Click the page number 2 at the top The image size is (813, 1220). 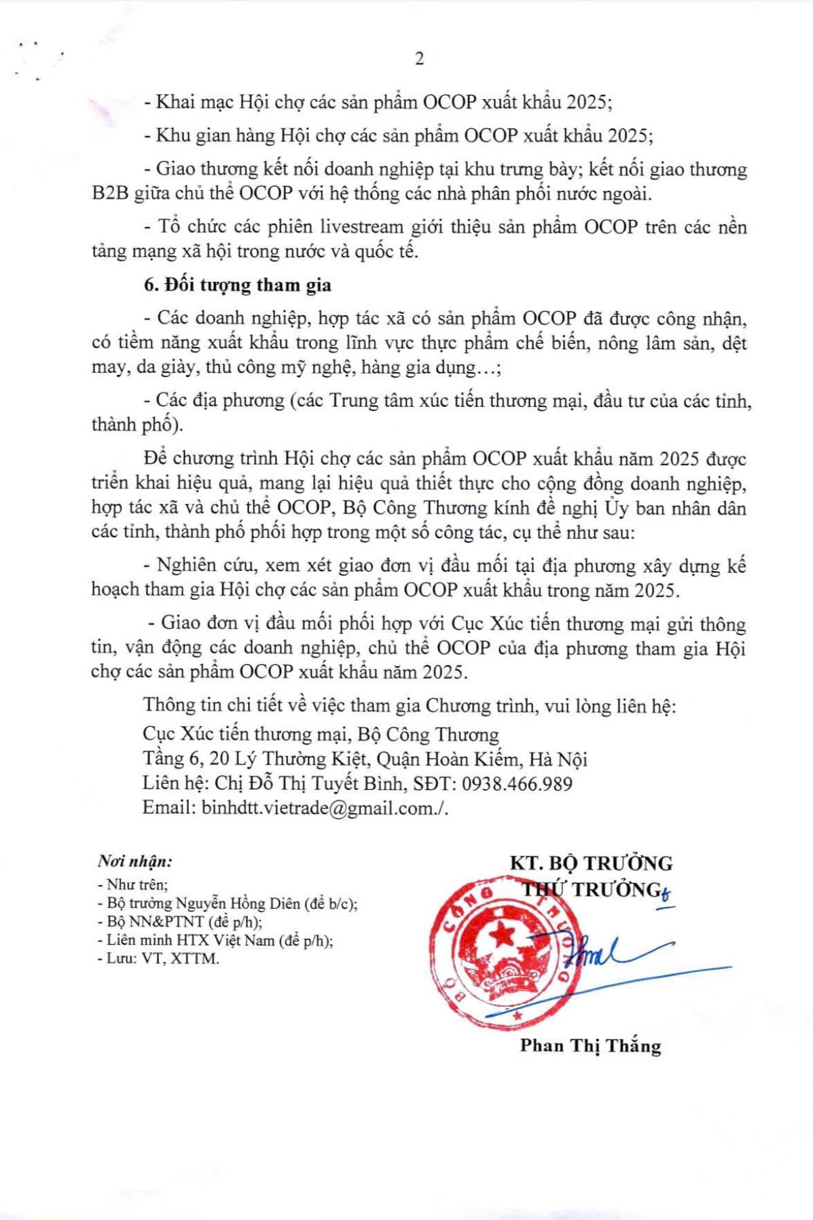(x=419, y=59)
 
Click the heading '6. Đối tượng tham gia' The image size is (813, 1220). (x=237, y=285)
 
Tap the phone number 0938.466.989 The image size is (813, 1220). (x=517, y=784)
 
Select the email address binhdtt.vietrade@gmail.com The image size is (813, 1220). (x=319, y=808)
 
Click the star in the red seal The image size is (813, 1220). (x=503, y=936)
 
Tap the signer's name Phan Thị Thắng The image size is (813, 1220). (x=590, y=1045)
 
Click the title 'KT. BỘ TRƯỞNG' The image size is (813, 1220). (x=591, y=863)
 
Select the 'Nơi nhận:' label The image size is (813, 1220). (x=135, y=861)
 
